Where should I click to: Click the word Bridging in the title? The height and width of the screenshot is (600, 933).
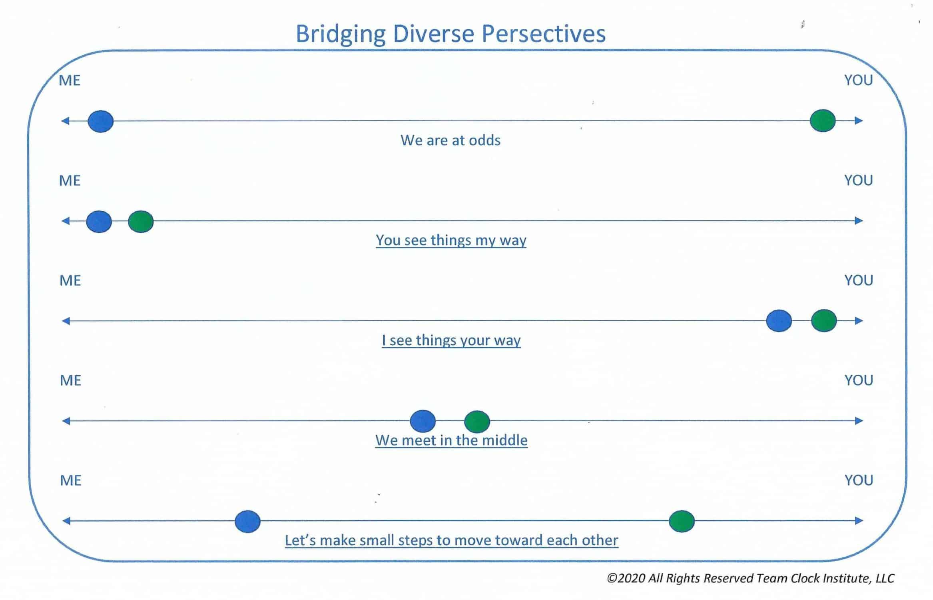(x=340, y=34)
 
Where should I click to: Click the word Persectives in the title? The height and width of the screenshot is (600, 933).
(x=543, y=34)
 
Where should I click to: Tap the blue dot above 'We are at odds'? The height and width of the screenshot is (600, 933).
(x=101, y=121)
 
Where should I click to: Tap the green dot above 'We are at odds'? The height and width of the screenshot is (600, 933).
(x=822, y=120)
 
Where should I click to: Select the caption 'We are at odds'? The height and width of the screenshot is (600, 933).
(x=451, y=140)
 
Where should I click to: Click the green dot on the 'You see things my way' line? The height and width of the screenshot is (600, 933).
(x=141, y=222)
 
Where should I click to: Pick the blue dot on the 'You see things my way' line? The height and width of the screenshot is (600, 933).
(x=99, y=222)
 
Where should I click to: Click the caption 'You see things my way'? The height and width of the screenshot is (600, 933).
(x=451, y=240)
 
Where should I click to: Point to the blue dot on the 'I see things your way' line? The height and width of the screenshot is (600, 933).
(x=779, y=321)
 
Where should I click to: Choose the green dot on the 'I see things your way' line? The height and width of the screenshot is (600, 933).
(x=823, y=321)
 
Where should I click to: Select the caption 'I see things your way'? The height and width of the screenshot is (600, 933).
(x=451, y=340)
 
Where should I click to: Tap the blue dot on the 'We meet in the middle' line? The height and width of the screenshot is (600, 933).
(x=423, y=421)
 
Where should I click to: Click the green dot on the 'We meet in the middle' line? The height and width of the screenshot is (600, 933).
(x=477, y=422)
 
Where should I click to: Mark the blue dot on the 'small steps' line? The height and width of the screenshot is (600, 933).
(x=247, y=522)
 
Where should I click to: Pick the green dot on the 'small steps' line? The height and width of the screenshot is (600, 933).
(x=682, y=521)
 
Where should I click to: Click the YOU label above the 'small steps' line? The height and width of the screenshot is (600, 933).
(x=859, y=480)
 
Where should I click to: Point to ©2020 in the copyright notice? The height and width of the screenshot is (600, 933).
(x=626, y=578)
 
